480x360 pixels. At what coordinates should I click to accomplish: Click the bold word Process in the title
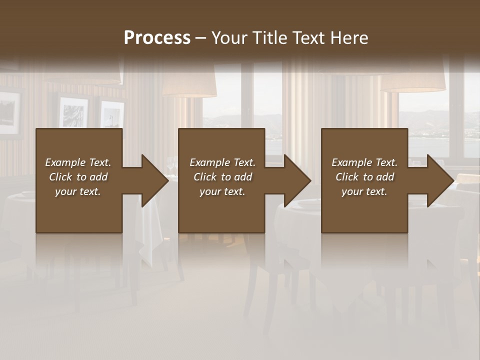[x=157, y=38]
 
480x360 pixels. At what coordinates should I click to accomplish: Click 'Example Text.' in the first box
[x=78, y=162]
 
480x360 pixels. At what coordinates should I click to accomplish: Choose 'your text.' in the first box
[x=78, y=191]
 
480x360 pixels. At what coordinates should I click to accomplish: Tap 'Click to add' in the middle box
[x=222, y=177]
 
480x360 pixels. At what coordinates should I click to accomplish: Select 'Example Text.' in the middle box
[x=222, y=162]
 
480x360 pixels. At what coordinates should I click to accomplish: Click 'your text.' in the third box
[x=364, y=191]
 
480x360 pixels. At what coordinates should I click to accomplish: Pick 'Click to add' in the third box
[x=364, y=177]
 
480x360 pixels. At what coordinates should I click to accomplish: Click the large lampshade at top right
[x=412, y=80]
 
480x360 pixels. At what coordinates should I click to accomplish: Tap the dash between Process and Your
[x=201, y=38]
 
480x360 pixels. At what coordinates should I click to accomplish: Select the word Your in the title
[x=229, y=38]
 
